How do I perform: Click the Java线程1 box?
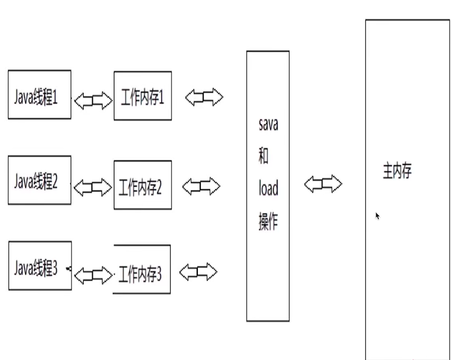(39, 95)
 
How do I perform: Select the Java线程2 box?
(39, 180)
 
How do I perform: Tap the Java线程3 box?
(40, 266)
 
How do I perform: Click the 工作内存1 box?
(143, 96)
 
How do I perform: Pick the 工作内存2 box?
(143, 185)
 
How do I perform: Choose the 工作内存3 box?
(142, 269)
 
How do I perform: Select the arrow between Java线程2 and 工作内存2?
(93, 187)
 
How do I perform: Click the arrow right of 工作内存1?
(204, 98)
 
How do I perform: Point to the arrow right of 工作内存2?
(201, 187)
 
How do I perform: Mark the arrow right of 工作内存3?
(198, 272)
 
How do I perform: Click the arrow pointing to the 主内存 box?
(323, 184)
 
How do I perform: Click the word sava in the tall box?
(268, 124)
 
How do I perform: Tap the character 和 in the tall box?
(263, 156)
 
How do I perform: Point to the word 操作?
(268, 222)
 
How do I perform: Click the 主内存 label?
(397, 171)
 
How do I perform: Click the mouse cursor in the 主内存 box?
(377, 216)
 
